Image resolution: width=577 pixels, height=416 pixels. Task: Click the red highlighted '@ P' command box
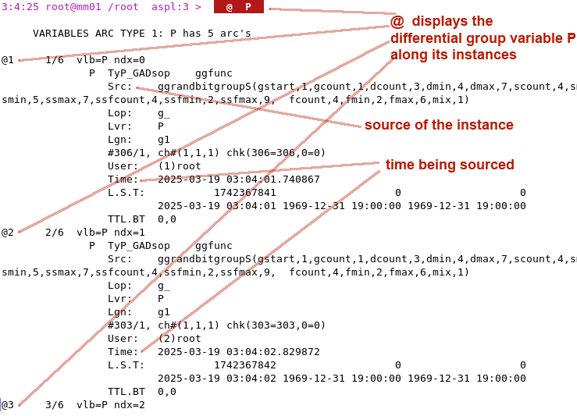click(x=239, y=7)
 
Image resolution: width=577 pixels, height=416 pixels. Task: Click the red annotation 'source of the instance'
click(x=439, y=125)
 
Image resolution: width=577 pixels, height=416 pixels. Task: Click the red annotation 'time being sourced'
click(x=450, y=165)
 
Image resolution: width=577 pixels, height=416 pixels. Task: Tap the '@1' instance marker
click(x=8, y=60)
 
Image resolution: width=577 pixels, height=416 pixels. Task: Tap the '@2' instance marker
click(x=8, y=233)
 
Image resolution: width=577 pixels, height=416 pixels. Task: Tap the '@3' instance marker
click(x=8, y=405)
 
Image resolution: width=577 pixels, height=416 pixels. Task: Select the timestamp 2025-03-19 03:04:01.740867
click(x=239, y=180)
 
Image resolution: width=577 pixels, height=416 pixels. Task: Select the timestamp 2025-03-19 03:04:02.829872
click(x=239, y=352)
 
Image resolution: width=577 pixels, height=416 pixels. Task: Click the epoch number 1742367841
click(x=245, y=193)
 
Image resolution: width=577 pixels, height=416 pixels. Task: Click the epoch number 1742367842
click(x=245, y=365)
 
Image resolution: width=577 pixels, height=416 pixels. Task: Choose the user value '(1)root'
click(x=180, y=166)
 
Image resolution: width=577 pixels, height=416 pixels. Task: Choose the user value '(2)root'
click(x=180, y=339)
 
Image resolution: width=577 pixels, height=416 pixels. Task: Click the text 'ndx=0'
click(x=130, y=60)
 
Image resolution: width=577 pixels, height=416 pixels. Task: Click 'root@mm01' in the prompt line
click(x=73, y=7)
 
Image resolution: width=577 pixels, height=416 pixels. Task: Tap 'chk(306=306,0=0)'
click(x=276, y=153)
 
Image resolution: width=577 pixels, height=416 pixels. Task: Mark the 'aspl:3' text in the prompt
click(x=170, y=7)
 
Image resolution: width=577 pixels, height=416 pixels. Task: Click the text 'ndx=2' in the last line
click(x=130, y=405)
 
